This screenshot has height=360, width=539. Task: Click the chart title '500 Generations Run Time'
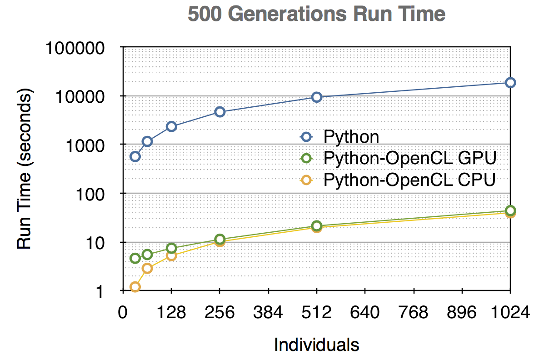pos(316,15)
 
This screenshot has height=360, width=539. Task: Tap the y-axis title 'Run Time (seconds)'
pos(25,170)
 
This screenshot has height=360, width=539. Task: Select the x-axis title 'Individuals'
pos(316,345)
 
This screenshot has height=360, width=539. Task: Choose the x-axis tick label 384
pos(268,313)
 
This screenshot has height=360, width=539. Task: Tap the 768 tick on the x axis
pos(414,313)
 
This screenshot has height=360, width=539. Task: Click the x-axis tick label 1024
pos(509,313)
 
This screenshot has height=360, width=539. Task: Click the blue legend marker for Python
pos(306,136)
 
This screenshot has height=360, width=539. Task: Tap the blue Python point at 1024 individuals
pos(510,82)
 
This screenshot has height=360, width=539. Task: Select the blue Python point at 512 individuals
pos(317,97)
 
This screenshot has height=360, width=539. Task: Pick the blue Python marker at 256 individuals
pos(220,112)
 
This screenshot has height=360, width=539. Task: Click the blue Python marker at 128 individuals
pos(171,126)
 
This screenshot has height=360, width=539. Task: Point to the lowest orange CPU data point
pos(135,287)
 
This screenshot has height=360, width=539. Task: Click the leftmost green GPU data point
pos(135,258)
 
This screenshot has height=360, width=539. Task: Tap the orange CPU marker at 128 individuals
pos(171,256)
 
